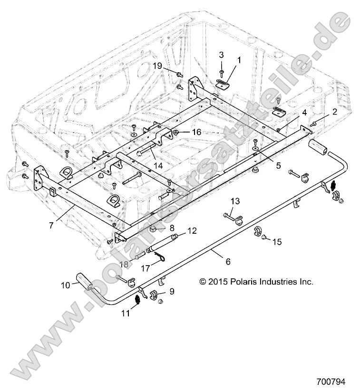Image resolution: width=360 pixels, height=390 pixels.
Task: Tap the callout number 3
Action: click(222, 56)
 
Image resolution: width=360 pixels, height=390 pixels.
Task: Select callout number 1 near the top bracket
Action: click(239, 60)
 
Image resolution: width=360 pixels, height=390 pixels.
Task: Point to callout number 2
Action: click(335, 112)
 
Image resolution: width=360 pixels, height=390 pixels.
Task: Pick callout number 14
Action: click(157, 165)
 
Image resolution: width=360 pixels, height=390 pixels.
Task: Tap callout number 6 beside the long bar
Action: click(228, 262)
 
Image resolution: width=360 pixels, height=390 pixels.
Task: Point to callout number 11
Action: click(126, 314)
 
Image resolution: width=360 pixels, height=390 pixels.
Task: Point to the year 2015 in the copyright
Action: click(217, 282)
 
